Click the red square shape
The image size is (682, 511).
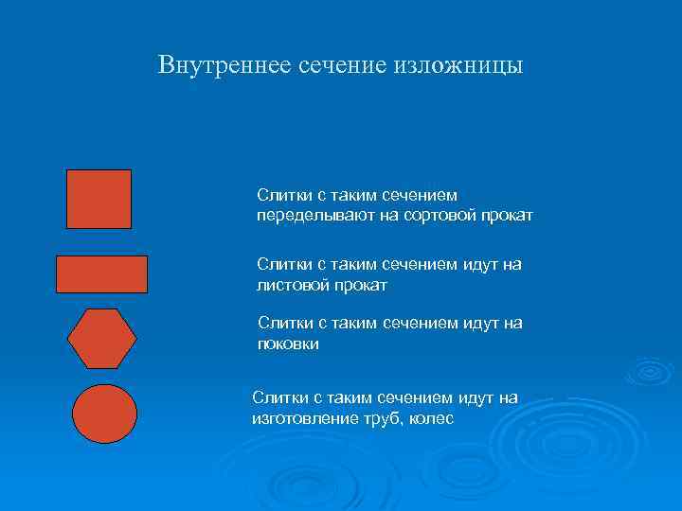(x=99, y=199)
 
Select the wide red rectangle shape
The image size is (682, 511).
(x=102, y=273)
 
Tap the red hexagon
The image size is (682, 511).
(x=102, y=338)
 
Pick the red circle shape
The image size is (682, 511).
(x=105, y=414)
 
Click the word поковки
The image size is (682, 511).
(x=288, y=344)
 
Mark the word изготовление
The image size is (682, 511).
(x=300, y=417)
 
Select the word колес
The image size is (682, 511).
(x=432, y=417)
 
